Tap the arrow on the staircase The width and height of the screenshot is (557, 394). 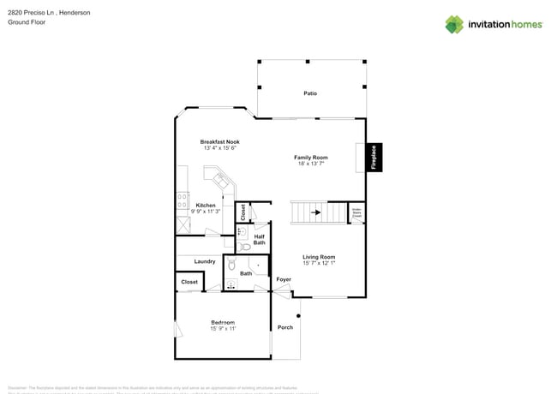[x=315, y=212]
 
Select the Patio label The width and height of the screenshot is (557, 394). [x=309, y=93]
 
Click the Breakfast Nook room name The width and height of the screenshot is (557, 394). [x=219, y=141]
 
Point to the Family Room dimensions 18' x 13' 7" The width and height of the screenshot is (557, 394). [x=311, y=164]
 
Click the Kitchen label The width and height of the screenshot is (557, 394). [x=206, y=206]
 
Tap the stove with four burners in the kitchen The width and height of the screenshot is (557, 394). [x=183, y=202]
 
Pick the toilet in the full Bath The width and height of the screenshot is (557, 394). [x=231, y=266]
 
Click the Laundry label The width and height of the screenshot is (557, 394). [x=204, y=261]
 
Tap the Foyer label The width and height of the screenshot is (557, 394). [x=283, y=279]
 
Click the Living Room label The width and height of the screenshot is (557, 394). [x=318, y=257]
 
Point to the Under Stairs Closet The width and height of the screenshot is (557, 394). [x=356, y=213]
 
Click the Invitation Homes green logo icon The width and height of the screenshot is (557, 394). [x=453, y=24]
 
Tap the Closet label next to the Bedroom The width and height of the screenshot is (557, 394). [x=189, y=282]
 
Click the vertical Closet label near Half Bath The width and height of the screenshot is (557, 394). [x=243, y=211]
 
